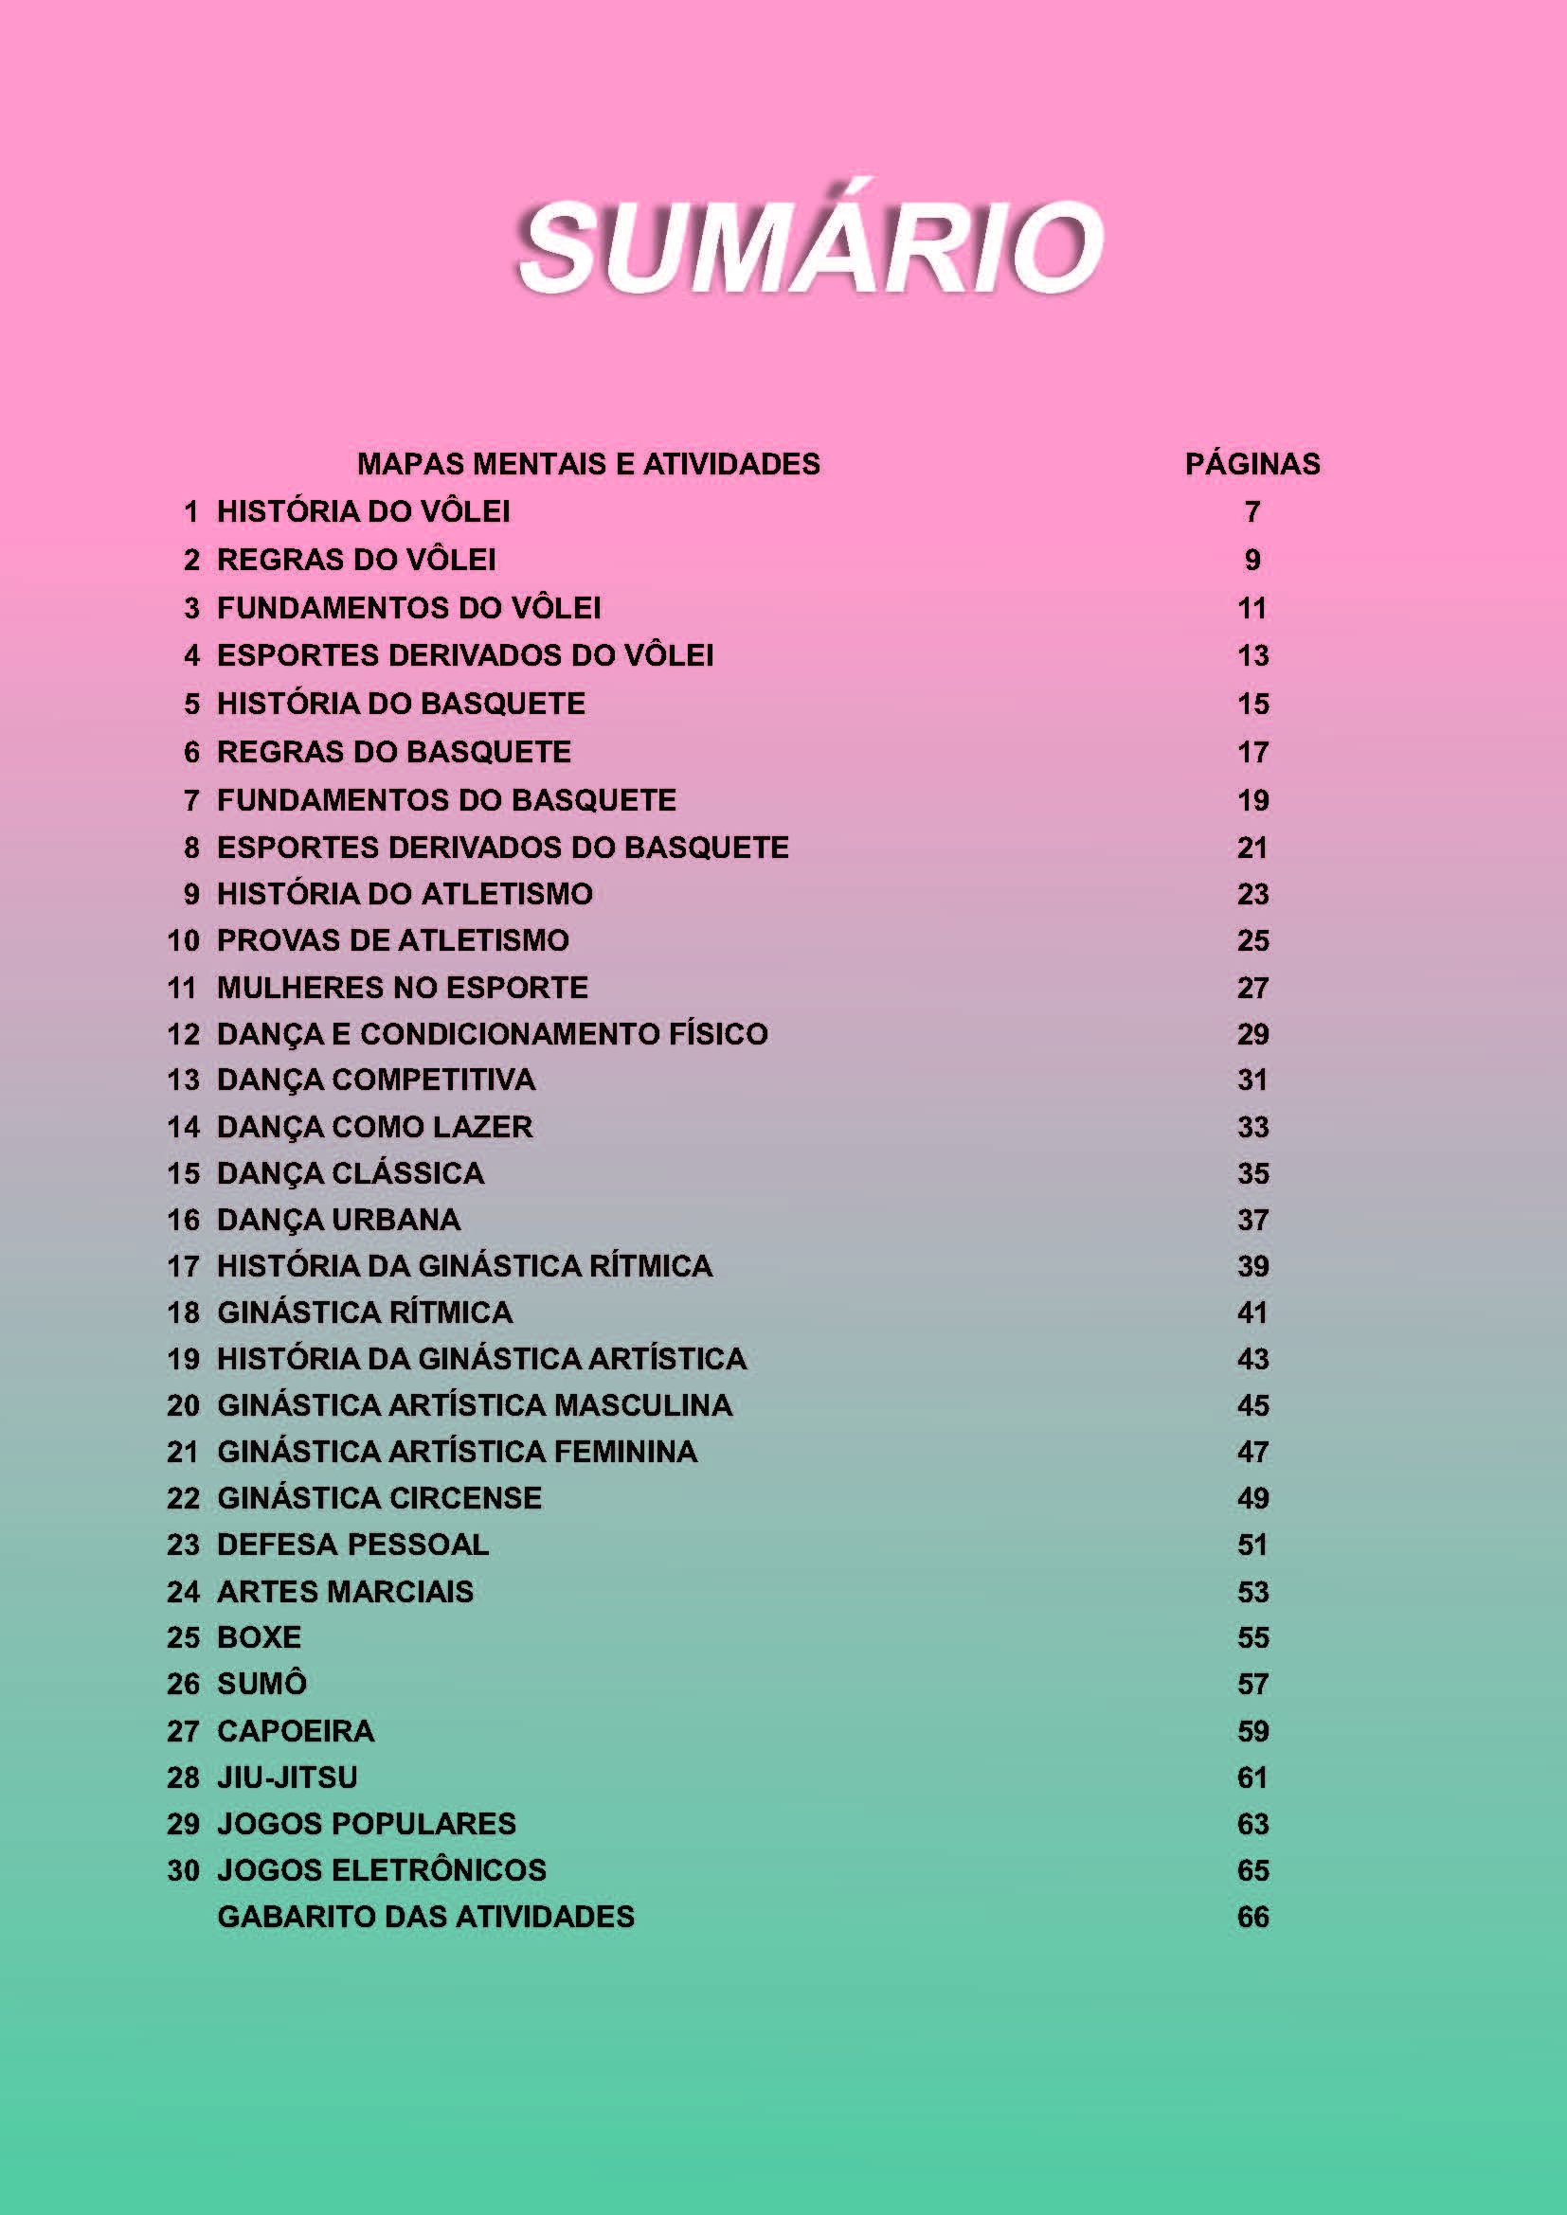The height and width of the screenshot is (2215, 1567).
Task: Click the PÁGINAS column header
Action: point(1252,464)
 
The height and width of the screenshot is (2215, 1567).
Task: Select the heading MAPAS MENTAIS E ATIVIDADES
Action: point(587,464)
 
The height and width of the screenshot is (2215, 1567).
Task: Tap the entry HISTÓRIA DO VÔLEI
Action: point(363,511)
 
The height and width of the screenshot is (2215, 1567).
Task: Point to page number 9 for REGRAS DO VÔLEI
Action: point(1252,560)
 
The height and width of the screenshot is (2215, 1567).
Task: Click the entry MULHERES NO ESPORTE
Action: point(403,987)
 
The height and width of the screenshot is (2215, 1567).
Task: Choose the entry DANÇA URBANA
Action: point(338,1220)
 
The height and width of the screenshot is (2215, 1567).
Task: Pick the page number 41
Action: point(1252,1312)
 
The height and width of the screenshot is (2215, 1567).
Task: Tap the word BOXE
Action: point(259,1637)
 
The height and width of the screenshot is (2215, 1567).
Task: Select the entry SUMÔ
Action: point(261,1684)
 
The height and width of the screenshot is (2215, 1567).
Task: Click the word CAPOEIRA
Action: point(296,1731)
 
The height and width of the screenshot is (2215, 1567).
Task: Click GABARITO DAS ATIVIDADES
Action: point(425,1916)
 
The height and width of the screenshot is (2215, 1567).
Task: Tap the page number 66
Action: point(1252,1916)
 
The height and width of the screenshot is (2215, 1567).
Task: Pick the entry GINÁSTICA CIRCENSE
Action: point(379,1497)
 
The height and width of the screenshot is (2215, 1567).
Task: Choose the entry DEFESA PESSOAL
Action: point(352,1545)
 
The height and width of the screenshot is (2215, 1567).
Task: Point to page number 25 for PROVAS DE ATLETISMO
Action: point(1252,939)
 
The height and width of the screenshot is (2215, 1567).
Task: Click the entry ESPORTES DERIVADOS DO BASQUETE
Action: point(503,847)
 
